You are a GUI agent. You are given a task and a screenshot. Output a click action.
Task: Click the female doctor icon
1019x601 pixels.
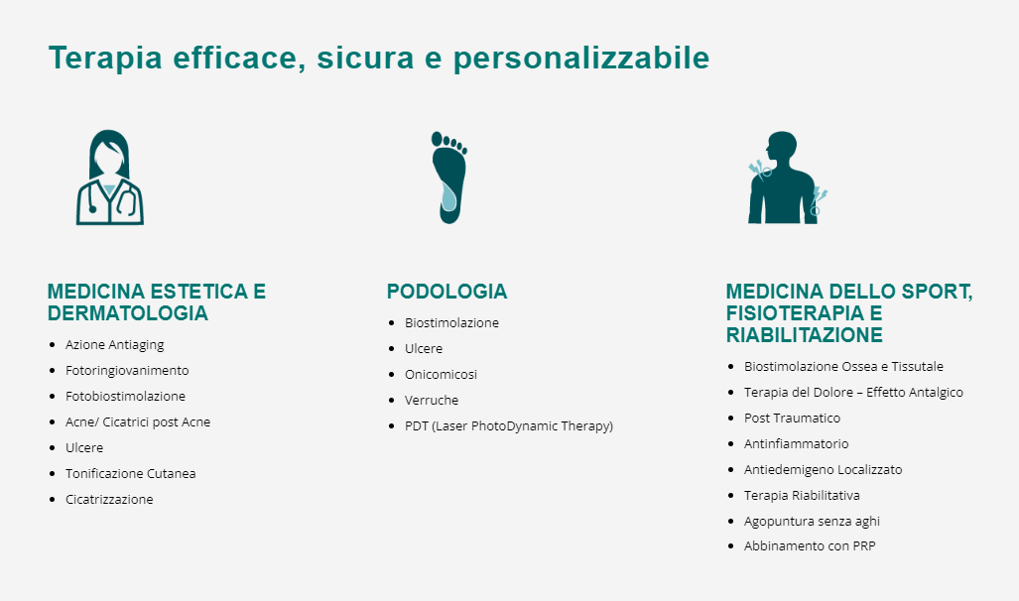pos(110,178)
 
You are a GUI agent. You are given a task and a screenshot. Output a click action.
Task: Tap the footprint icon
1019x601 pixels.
pos(449,178)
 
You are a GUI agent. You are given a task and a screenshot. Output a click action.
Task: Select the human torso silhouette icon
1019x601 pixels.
pos(787,178)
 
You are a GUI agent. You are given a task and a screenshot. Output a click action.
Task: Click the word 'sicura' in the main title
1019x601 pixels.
pos(365,58)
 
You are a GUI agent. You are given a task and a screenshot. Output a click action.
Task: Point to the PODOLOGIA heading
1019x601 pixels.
pos(447,292)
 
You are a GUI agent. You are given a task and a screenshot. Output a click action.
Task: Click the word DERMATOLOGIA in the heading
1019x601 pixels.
pos(128,313)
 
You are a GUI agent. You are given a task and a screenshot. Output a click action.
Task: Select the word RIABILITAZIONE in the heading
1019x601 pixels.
pos(805,335)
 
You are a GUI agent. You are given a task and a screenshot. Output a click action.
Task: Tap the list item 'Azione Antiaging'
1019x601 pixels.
pos(114,345)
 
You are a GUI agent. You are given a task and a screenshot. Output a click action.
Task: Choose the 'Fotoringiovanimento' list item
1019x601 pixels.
pos(127,370)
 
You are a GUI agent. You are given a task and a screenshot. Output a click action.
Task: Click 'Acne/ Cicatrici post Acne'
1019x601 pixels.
pos(138,422)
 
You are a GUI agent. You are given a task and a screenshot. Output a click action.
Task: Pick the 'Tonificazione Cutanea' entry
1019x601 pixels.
pos(131,474)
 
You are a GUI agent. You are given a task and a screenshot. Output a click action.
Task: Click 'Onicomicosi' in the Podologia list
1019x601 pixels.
pos(441,374)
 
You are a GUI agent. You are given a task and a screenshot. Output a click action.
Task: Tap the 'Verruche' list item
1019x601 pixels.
pos(432,401)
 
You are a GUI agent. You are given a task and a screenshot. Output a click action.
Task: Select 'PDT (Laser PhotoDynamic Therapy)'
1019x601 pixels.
pos(509,426)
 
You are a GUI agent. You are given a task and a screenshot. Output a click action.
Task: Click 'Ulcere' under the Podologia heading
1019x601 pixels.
pos(424,349)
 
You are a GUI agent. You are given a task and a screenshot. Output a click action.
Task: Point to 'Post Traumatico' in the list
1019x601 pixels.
pos(792,418)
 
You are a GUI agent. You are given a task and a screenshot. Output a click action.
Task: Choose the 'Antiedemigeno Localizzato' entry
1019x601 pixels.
pos(823,470)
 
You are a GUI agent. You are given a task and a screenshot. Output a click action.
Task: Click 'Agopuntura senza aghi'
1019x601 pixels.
pos(812,521)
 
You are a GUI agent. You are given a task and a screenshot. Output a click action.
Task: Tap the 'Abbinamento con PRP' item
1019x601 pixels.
pos(810,546)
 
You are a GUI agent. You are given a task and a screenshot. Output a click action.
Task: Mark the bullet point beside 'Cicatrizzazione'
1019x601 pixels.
pos(53,500)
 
